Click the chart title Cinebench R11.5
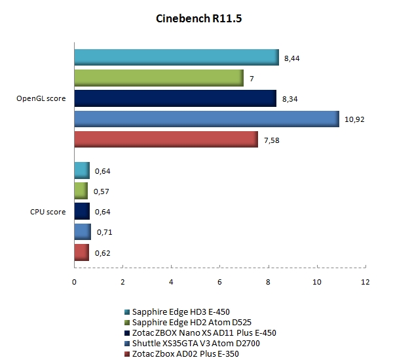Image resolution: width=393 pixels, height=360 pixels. pos(196,19)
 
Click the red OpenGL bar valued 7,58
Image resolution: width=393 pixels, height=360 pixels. pos(166,140)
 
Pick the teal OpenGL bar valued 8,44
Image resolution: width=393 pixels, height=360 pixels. pos(176,58)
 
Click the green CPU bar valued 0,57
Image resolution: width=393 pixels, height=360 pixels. pos(81,191)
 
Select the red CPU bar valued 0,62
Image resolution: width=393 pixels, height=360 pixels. pos(81,252)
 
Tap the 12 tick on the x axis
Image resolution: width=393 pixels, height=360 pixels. pos(365,282)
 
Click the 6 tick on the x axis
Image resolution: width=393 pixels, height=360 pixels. pos(219,282)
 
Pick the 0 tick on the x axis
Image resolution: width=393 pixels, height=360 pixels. pos(74,282)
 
